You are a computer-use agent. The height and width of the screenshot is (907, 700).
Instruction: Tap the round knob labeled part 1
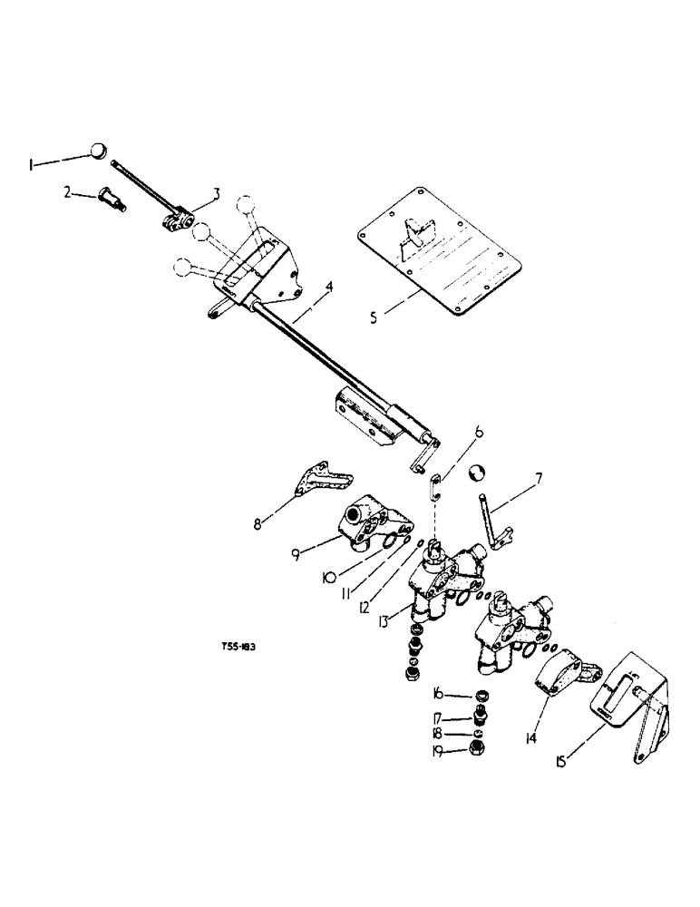[x=99, y=151]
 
